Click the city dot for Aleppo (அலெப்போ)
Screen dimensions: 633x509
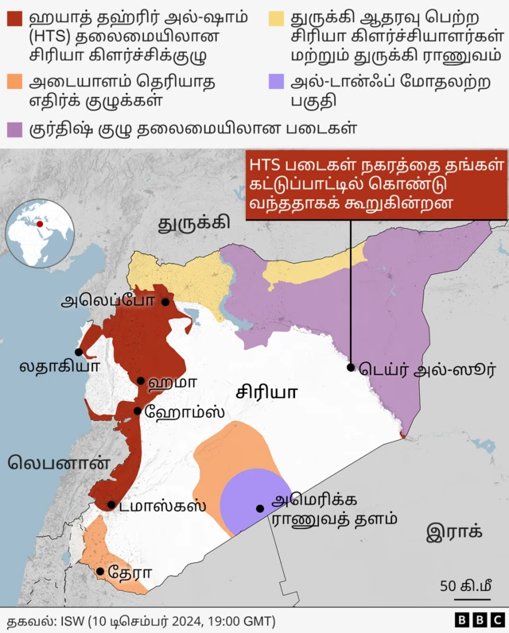pyautogui.click(x=165, y=302)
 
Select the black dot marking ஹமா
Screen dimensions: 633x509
pyautogui.click(x=141, y=381)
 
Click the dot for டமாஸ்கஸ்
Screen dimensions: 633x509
pyautogui.click(x=111, y=504)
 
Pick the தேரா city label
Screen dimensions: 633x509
pyautogui.click(x=130, y=572)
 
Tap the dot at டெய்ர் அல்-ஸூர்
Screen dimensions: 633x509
pyautogui.click(x=351, y=367)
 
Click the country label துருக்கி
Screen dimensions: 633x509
pyautogui.click(x=193, y=222)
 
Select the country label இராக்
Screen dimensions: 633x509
pyautogui.click(x=454, y=531)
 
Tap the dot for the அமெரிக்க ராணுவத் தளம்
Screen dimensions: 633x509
pyautogui.click(x=259, y=508)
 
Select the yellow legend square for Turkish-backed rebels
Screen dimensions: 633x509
pyautogui.click(x=277, y=17)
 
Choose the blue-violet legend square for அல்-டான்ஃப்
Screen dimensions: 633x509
pyautogui.click(x=277, y=82)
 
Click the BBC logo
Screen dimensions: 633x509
pyautogui.click(x=480, y=619)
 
